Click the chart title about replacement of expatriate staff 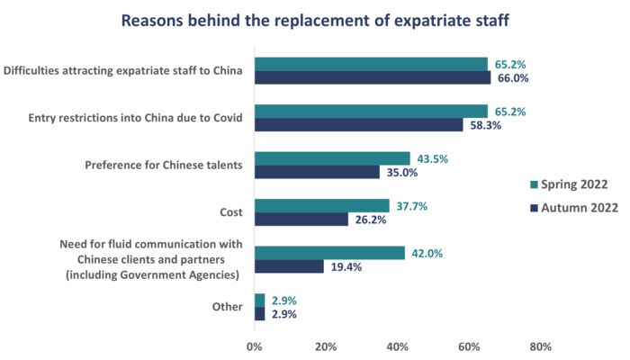pos(315,20)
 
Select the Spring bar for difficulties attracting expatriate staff pos(372,64)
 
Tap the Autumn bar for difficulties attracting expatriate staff pos(373,78)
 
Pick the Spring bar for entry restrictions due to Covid pos(372,111)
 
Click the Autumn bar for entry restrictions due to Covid pos(360,125)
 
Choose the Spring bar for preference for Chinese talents pos(333,158)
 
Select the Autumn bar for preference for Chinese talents pos(318,172)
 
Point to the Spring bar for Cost pos(322,205)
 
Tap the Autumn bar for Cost pos(302,220)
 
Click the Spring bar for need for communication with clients pos(330,253)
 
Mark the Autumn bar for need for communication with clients pos(290,266)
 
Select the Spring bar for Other pos(260,300)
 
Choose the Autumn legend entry pos(572,208)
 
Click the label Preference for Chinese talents pos(164,166)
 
